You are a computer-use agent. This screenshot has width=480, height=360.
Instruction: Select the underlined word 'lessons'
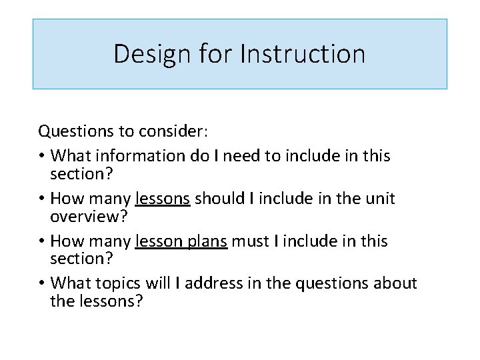pyautogui.click(x=163, y=199)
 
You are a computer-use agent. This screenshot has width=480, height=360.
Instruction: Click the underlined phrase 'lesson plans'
pyautogui.click(x=181, y=241)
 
